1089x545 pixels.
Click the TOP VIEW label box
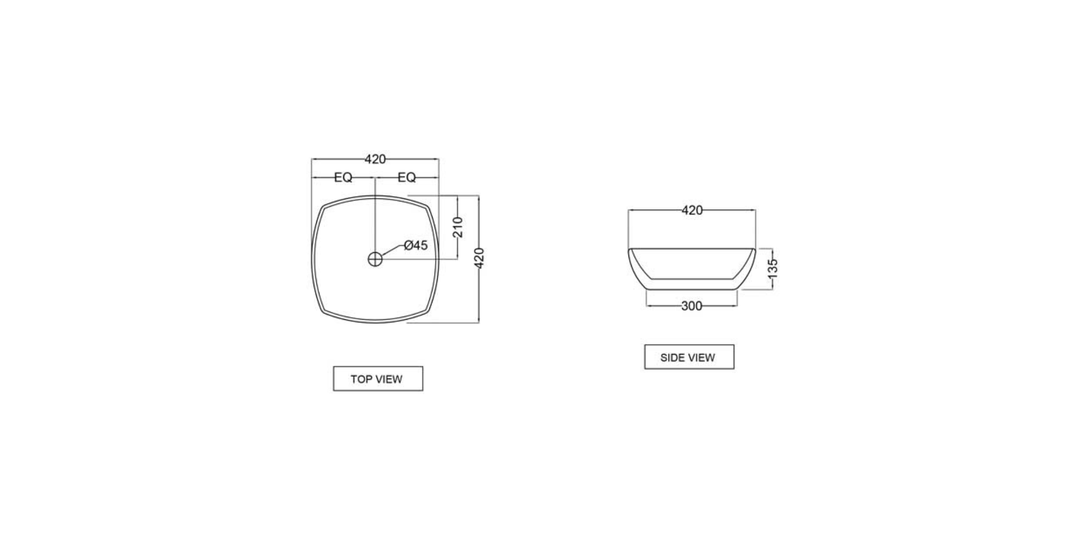(x=378, y=378)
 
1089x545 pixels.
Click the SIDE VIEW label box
(x=689, y=357)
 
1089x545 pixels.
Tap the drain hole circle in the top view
(x=375, y=259)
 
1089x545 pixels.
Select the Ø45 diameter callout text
(x=416, y=245)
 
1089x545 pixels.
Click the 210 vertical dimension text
(x=457, y=227)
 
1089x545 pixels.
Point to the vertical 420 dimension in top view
(x=479, y=258)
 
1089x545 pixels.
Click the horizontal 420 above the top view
(x=375, y=159)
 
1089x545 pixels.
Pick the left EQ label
(x=343, y=178)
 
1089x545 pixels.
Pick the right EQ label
(x=407, y=178)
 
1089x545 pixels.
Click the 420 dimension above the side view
(x=692, y=210)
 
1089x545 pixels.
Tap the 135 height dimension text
(x=773, y=268)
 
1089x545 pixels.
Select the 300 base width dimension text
(x=691, y=306)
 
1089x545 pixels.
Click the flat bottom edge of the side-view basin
(x=691, y=290)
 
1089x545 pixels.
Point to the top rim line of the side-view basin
(x=691, y=249)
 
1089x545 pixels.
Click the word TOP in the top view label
(x=360, y=379)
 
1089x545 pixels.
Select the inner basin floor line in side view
(x=691, y=279)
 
